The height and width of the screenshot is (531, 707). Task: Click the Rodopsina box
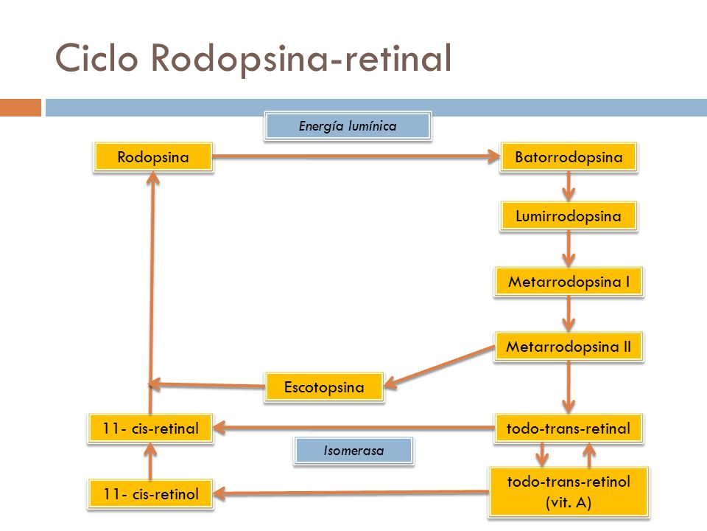pos(153,157)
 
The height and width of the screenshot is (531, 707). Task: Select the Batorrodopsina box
pos(569,157)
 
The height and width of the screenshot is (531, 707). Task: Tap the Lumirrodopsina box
pos(569,216)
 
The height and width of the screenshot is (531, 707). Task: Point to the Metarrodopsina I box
pos(569,282)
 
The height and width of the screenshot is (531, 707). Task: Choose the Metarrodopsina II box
pos(569,347)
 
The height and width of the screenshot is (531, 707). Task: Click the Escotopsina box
pos(324,387)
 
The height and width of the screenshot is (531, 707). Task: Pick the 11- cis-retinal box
pos(150,428)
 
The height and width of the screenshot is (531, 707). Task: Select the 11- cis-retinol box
pos(150,494)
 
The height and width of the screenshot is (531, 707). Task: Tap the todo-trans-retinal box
pos(569,428)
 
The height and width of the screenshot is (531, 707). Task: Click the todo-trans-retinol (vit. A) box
pos(569,492)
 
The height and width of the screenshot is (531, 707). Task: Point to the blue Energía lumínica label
pos(348,126)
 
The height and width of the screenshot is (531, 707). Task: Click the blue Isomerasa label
pos(353,451)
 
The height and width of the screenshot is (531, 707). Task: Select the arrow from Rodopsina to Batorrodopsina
pos(356,156)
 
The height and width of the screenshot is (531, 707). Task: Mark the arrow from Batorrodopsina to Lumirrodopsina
pos(569,187)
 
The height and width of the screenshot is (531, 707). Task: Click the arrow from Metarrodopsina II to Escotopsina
pos(439,367)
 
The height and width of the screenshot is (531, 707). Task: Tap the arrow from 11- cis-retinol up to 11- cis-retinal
pos(150,461)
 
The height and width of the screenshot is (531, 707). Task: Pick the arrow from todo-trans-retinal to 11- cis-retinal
pos(354,428)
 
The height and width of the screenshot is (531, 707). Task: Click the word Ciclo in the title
pos(96,58)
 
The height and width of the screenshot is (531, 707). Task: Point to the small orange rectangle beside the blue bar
pos(21,108)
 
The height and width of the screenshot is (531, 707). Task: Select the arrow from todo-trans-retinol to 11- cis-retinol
pos(351,493)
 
